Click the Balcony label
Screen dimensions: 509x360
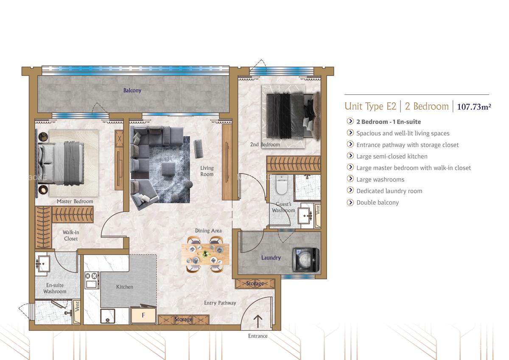point(132,90)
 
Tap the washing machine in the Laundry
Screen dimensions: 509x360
point(306,260)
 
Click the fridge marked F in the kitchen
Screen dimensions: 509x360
point(143,315)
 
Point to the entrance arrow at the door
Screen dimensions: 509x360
point(258,321)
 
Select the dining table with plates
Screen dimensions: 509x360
point(205,254)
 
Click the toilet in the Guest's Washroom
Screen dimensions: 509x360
point(282,184)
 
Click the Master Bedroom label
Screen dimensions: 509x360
point(75,201)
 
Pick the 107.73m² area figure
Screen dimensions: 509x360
point(474,107)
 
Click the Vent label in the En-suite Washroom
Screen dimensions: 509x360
point(77,307)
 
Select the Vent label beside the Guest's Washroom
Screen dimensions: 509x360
point(318,210)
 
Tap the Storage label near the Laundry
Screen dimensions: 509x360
point(255,283)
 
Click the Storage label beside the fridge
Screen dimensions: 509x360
point(183,319)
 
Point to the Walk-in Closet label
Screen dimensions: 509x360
point(71,235)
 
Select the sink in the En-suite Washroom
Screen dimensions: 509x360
point(43,264)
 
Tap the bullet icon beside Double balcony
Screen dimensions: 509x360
point(350,202)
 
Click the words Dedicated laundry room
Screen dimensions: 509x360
point(389,191)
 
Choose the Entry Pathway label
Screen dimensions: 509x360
point(220,303)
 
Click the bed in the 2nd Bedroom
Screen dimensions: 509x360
point(293,116)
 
